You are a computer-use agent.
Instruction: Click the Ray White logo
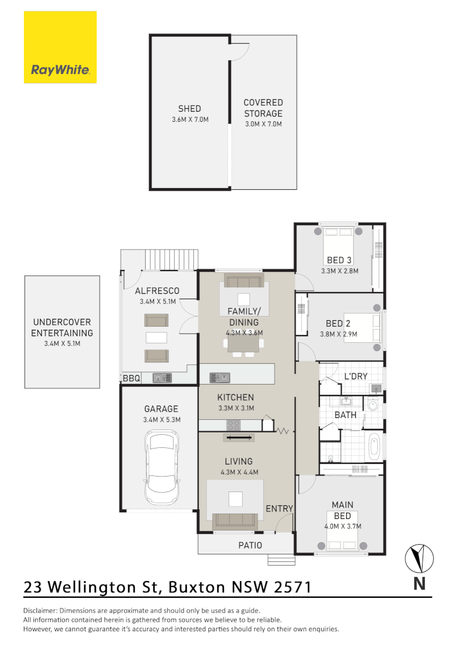tap(60, 48)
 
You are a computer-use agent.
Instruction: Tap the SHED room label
tap(189, 109)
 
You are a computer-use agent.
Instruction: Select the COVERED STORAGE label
tap(263, 108)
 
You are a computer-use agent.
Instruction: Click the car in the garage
tap(162, 469)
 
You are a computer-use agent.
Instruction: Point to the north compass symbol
tap(419, 559)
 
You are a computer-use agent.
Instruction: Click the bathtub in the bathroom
tap(374, 447)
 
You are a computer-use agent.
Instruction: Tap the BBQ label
tap(131, 378)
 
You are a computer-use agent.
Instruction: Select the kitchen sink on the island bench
tap(219, 377)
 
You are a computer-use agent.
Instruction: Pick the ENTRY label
tap(279, 509)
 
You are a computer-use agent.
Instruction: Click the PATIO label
tap(250, 545)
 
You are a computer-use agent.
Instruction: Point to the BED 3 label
tap(339, 260)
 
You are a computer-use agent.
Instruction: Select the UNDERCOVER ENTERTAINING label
tap(62, 328)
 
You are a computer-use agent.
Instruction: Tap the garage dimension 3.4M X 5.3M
tap(162, 420)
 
